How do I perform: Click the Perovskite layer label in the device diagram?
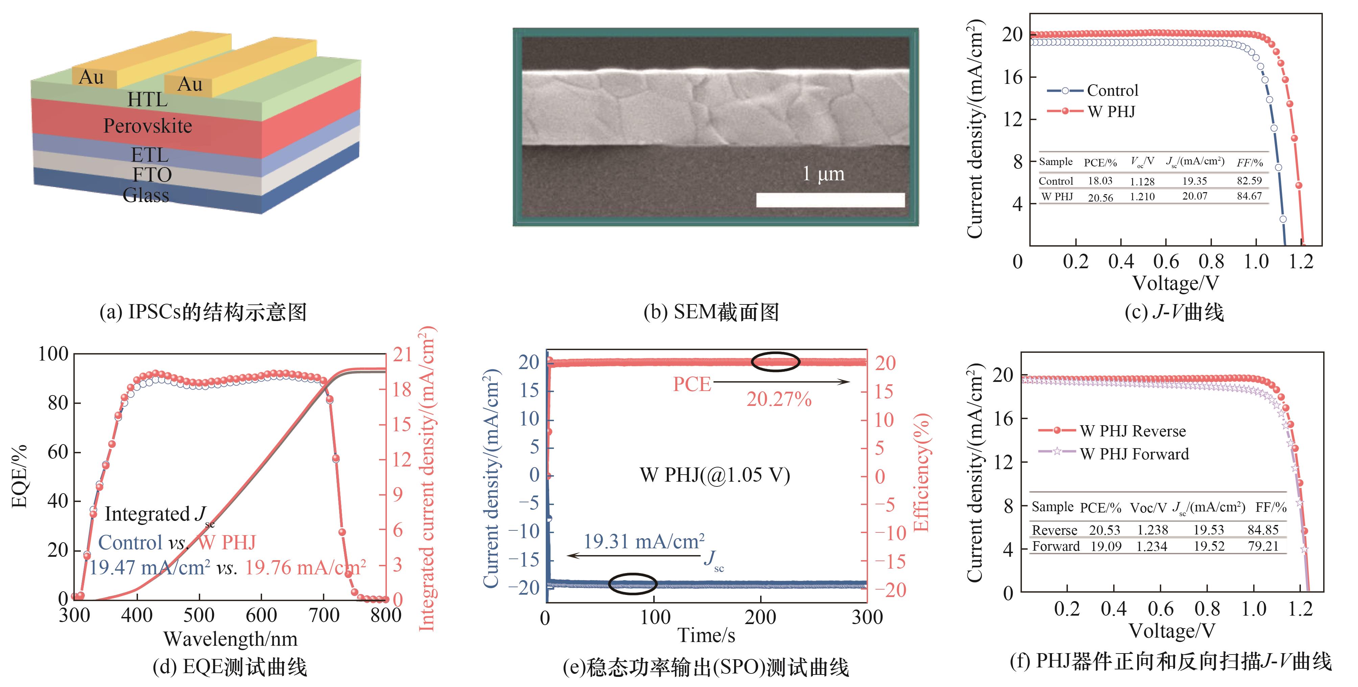point(148,126)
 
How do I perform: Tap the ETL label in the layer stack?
point(150,155)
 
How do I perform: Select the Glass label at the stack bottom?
point(146,195)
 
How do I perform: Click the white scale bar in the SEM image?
point(830,200)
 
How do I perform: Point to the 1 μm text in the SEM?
point(823,174)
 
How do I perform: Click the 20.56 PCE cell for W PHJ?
point(1100,197)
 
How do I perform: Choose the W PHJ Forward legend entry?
point(1134,454)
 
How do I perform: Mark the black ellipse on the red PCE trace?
point(775,362)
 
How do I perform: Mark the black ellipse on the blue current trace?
point(633,583)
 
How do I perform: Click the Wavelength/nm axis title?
point(230,639)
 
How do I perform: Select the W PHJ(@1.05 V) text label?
point(715,475)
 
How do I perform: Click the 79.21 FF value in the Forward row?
point(1263,546)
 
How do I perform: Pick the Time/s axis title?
point(706,635)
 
